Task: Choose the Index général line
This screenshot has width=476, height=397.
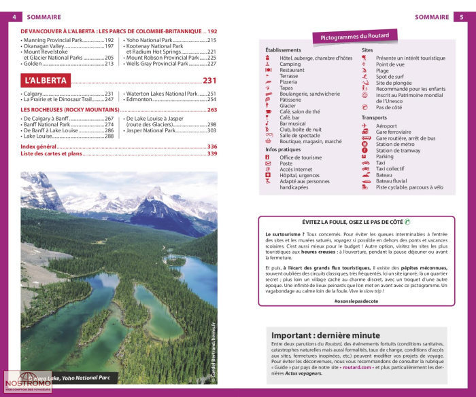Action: (38, 147)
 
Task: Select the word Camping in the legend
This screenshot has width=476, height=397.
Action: (290, 64)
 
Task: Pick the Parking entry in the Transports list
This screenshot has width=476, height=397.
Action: (385, 157)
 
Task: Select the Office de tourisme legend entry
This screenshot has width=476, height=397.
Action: (300, 157)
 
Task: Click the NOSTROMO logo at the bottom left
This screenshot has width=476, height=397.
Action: (29, 383)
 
